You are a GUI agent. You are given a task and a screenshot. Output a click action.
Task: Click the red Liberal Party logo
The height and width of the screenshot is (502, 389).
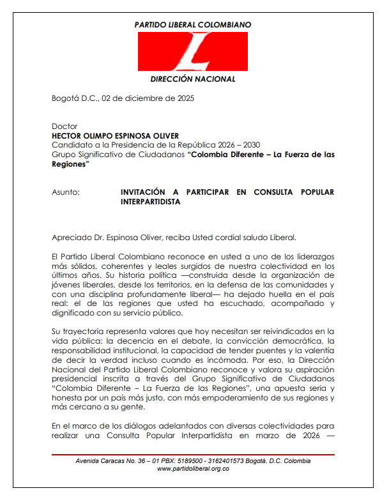pos(193,52)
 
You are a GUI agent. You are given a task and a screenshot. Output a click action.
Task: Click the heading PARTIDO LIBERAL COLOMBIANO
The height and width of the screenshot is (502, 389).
pos(193,24)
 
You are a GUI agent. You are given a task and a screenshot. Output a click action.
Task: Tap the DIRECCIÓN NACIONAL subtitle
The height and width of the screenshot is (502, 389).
pos(193,79)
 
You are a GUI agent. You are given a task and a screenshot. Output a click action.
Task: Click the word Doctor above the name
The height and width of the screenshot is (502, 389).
pos(65,126)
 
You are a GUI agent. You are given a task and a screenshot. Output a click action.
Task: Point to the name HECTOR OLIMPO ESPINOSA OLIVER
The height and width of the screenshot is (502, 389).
pos(116,136)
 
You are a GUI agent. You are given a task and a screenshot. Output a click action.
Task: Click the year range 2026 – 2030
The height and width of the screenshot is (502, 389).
pos(242,145)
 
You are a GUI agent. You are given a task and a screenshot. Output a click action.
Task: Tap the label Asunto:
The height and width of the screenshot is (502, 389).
pos(66,192)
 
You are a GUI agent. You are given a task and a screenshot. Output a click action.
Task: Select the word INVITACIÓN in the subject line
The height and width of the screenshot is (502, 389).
pos(146,192)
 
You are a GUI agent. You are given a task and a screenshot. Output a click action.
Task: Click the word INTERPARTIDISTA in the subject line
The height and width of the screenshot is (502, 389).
pos(150,202)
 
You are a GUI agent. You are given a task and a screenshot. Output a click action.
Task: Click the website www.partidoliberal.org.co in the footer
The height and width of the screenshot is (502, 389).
pos(193,468)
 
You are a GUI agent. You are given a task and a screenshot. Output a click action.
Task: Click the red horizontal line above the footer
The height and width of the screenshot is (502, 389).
pos(193,454)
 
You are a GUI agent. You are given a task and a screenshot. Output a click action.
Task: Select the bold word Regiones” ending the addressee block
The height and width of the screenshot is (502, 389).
pos(70,164)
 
